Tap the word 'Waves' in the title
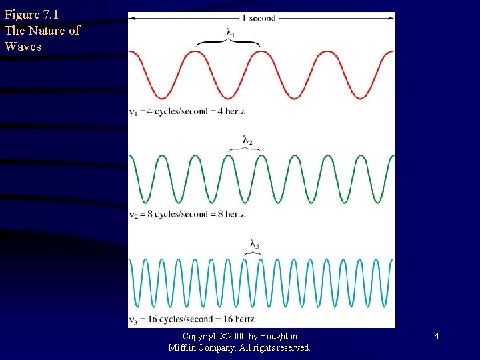[23, 47]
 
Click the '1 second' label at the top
[258, 18]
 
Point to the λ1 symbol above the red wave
[230, 33]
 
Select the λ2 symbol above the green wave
[247, 140]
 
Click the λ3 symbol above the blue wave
[254, 245]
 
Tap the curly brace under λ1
[228, 43]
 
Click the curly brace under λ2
[245, 149]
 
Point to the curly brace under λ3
[253, 253]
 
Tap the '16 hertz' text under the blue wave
[237, 319]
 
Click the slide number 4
[436, 337]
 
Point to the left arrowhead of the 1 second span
[132, 18]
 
